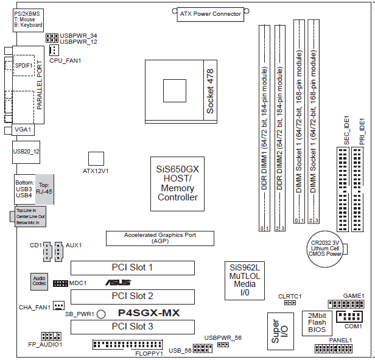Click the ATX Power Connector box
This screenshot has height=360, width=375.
[210, 13]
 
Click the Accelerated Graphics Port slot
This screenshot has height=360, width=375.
[160, 238]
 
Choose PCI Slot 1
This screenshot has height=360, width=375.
[132, 267]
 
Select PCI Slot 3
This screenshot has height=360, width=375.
[132, 327]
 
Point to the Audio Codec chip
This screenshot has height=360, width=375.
[39, 281]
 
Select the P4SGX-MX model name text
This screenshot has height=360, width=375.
[149, 312]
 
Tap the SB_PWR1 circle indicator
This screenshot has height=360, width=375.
[102, 314]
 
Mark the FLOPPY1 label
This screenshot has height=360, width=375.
[149, 353]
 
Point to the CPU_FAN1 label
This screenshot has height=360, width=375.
[65, 61]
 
